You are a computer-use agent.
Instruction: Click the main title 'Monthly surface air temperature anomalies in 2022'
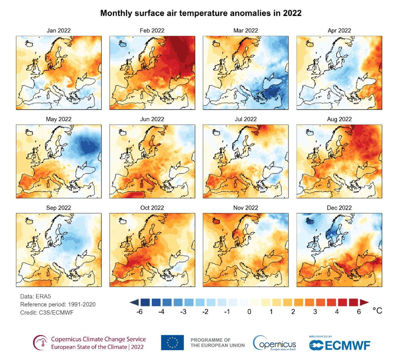(201, 13)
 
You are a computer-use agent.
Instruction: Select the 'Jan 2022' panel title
(59, 30)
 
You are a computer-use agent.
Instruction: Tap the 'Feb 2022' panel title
(152, 30)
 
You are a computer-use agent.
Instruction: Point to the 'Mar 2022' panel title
(246, 30)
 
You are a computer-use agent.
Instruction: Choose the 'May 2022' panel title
(59, 119)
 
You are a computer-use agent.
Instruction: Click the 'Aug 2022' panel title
(339, 119)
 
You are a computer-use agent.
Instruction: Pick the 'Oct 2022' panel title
(152, 208)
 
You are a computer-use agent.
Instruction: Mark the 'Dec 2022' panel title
(339, 208)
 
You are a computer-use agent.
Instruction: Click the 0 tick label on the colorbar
(249, 312)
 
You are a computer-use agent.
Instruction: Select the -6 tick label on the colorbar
(139, 312)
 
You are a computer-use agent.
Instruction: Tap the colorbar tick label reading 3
(315, 312)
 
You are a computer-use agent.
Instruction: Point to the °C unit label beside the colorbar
(377, 311)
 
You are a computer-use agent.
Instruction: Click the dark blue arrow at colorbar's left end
(134, 302)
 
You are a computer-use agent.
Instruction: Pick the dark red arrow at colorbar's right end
(364, 302)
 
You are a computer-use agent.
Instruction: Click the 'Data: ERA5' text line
(35, 297)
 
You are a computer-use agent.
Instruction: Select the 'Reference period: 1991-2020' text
(58, 304)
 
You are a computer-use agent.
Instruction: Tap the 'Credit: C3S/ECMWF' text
(47, 313)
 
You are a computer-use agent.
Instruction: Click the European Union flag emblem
(172, 343)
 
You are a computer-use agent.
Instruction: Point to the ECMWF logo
(339, 345)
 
